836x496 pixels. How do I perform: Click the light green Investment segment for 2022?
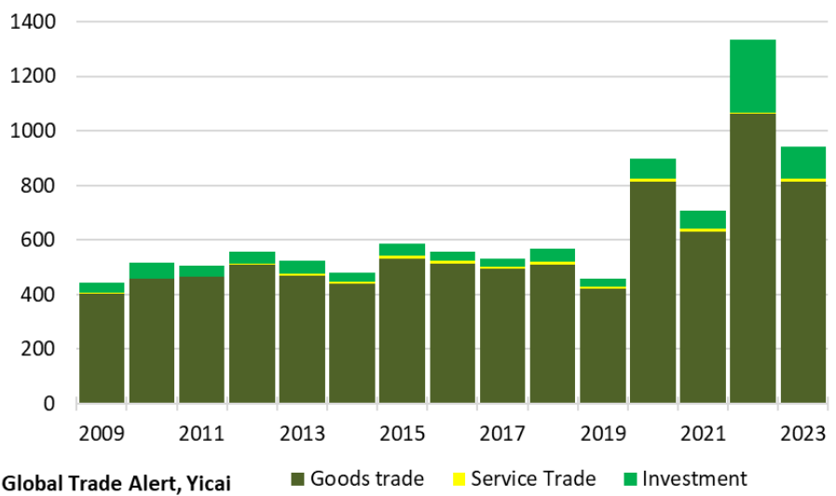pyautogui.click(x=753, y=76)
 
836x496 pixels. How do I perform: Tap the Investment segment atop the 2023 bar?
pyautogui.click(x=803, y=162)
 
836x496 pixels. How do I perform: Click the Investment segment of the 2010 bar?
pyautogui.click(x=152, y=270)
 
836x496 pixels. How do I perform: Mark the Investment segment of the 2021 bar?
pyautogui.click(x=703, y=219)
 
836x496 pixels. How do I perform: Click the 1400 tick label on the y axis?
pyautogui.click(x=33, y=21)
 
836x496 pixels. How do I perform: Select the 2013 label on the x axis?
pyautogui.click(x=302, y=434)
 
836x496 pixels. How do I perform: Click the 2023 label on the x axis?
pyautogui.click(x=803, y=434)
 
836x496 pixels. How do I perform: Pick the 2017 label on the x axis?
pyautogui.click(x=502, y=434)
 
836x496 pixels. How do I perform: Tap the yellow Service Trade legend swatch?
pyautogui.click(x=459, y=479)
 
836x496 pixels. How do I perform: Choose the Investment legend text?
pyautogui.click(x=694, y=478)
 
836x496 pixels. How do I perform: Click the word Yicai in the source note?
pyautogui.click(x=203, y=482)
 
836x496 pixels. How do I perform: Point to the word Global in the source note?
pyautogui.click(x=29, y=482)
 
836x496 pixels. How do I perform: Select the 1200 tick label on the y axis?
pyautogui.click(x=33, y=76)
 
